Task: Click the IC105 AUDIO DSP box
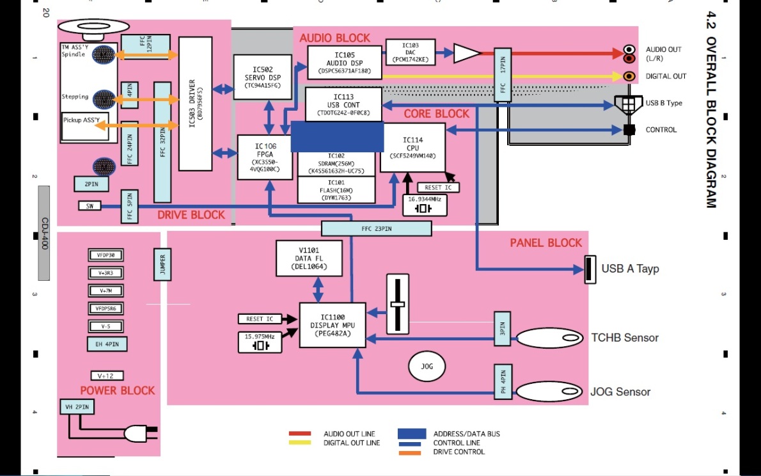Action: tap(345, 63)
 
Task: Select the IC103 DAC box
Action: tap(411, 52)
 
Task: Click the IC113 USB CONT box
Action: tap(343, 104)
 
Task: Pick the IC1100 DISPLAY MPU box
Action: tap(333, 324)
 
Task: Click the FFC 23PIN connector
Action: tap(376, 228)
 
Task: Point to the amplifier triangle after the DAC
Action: tap(466, 54)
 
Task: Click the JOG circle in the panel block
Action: tap(427, 367)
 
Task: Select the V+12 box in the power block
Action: tap(107, 376)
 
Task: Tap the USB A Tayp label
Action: tap(629, 269)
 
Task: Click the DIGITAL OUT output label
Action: tap(666, 77)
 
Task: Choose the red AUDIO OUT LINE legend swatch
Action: tap(299, 434)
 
